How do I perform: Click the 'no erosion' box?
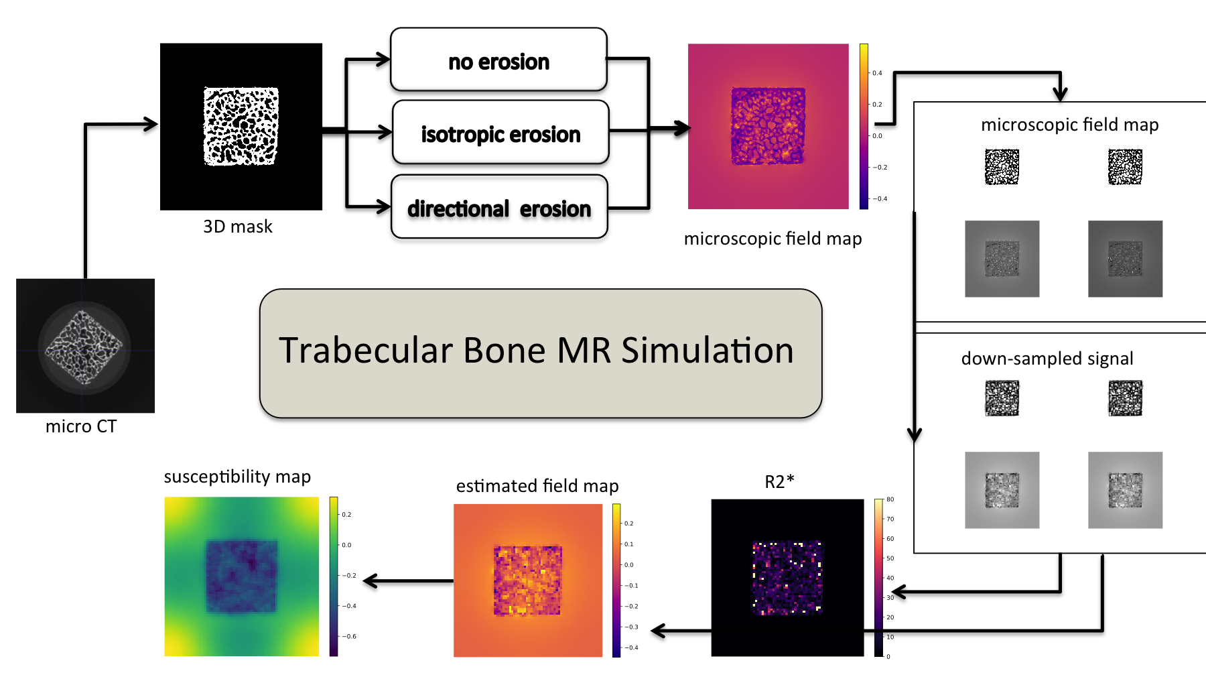[x=498, y=60]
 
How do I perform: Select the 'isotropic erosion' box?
[x=500, y=133]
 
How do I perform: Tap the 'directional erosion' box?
[x=499, y=207]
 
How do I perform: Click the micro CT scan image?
[x=85, y=345]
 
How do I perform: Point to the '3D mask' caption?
[x=238, y=227]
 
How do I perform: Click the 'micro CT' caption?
[x=81, y=426]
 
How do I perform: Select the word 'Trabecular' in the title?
[x=365, y=351]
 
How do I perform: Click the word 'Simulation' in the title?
[x=708, y=351]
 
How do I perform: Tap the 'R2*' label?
[x=780, y=481]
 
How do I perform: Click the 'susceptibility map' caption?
[x=237, y=477]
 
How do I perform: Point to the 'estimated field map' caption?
[x=537, y=486]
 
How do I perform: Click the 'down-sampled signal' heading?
[x=1047, y=359]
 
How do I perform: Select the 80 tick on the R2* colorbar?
[x=890, y=499]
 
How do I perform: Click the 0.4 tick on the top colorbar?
[x=876, y=73]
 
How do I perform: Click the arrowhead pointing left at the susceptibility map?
[x=370, y=580]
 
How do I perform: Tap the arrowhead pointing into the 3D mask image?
[x=151, y=124]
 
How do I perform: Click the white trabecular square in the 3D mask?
[x=241, y=126]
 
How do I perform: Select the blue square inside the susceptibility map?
[x=241, y=576]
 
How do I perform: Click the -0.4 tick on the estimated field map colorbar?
[x=630, y=647]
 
